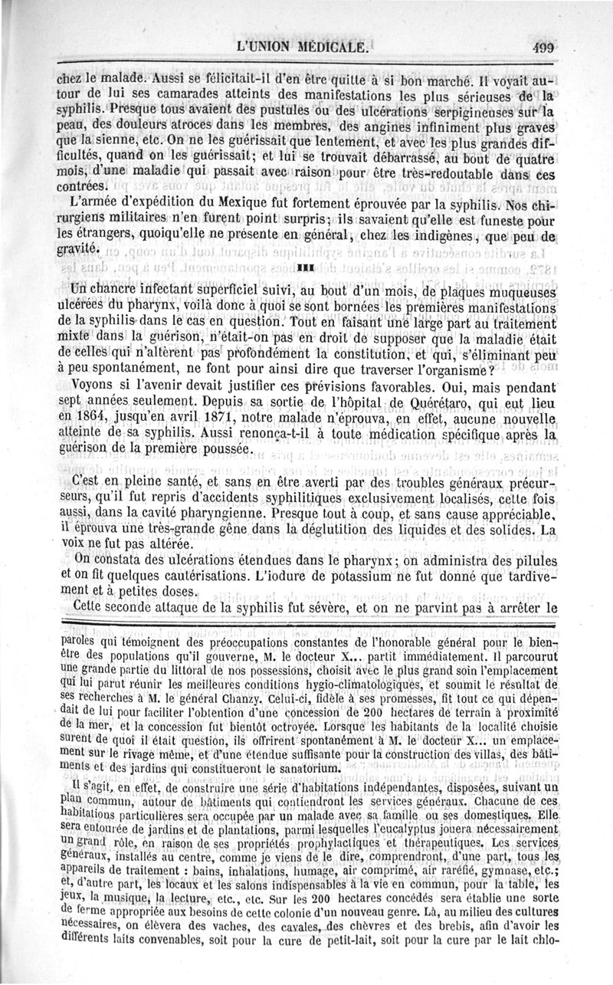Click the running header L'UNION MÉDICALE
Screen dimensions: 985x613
305,45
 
